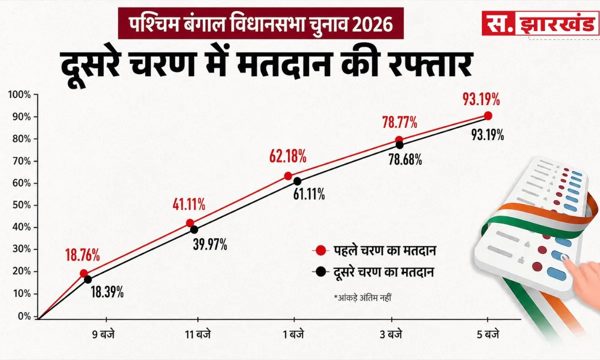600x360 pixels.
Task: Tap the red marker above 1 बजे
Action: click(x=288, y=176)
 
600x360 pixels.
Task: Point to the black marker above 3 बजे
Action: click(x=399, y=145)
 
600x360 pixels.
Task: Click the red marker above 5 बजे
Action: click(x=488, y=116)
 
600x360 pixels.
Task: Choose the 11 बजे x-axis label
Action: click(x=197, y=334)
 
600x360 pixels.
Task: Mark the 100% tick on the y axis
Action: click(x=19, y=94)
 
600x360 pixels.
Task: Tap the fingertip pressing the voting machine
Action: click(x=565, y=257)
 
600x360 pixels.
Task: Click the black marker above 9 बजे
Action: click(x=88, y=279)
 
